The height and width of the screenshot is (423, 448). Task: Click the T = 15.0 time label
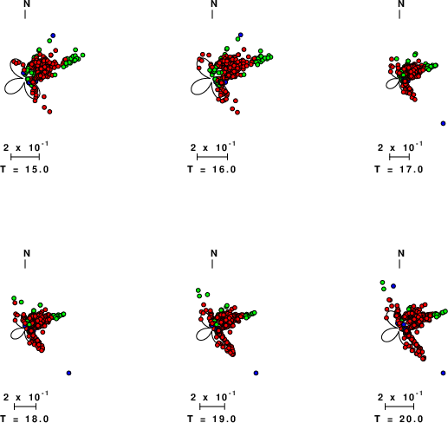[24, 169]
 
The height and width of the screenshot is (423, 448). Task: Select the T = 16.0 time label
[211, 169]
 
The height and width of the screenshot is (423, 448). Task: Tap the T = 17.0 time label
[399, 169]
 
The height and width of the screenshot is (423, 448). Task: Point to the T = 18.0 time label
[24, 419]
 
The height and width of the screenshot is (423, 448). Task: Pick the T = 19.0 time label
[211, 419]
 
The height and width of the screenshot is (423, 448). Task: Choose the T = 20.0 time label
[399, 419]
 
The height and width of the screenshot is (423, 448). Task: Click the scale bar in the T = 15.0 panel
[25, 157]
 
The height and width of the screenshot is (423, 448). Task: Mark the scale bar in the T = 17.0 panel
[399, 157]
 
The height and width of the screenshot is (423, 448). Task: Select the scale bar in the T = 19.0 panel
[212, 407]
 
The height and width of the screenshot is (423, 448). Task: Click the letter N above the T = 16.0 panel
[214, 3]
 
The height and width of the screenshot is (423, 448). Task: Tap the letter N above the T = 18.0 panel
[27, 253]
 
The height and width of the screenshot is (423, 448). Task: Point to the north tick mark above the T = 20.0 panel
[399, 264]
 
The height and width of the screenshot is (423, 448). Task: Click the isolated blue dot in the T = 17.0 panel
[443, 123]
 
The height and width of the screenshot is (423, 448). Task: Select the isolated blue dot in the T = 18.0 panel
[68, 373]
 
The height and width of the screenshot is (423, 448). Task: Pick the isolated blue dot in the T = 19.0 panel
[256, 373]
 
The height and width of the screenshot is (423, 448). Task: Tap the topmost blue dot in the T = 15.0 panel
[53, 36]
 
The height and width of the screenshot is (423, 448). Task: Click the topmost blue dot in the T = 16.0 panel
[241, 35]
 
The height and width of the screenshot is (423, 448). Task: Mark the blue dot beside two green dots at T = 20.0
[393, 286]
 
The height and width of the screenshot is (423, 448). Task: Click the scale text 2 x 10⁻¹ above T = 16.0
[213, 146]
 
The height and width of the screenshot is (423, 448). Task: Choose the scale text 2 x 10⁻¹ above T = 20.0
[400, 396]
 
